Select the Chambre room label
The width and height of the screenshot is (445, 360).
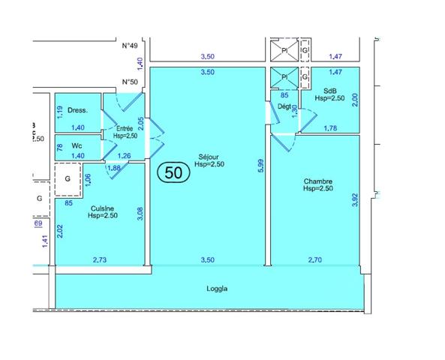[317, 181]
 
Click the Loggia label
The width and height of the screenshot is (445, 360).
[217, 288]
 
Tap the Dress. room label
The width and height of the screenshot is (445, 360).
[77, 110]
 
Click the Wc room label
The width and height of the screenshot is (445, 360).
[77, 145]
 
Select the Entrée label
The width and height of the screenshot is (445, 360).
[125, 129]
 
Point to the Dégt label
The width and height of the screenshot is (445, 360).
[284, 106]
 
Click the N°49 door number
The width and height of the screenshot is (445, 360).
[131, 46]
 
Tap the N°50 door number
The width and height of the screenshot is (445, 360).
[131, 83]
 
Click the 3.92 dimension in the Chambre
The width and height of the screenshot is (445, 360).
[355, 199]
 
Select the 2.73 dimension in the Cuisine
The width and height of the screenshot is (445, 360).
[100, 259]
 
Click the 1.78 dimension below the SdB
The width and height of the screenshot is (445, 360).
[329, 128]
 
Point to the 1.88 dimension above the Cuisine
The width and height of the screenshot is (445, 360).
[115, 168]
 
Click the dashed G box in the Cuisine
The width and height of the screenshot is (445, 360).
[68, 179]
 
